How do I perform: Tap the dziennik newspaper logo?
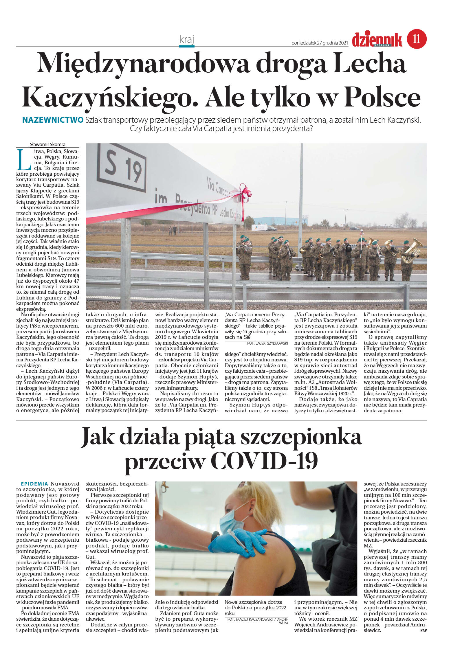377,40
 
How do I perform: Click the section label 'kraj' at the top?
186,39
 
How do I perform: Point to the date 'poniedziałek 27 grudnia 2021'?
319,43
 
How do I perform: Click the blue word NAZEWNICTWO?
53,120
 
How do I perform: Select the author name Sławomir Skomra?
47,145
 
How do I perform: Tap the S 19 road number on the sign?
122,167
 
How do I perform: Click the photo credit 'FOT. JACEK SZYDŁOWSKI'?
267,343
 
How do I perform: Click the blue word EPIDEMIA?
34,484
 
